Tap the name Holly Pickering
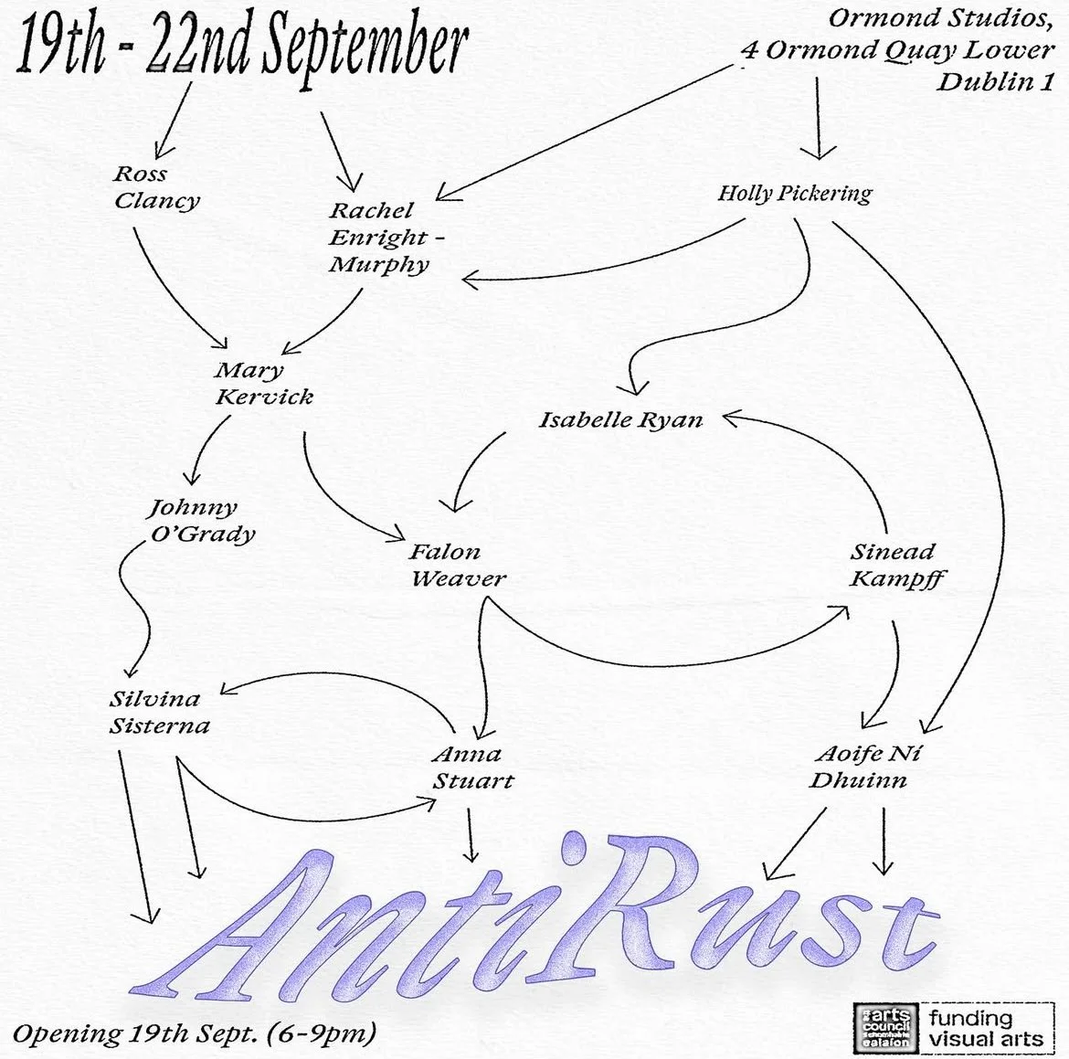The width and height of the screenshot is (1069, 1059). (794, 193)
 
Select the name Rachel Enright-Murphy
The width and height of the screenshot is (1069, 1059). (382, 238)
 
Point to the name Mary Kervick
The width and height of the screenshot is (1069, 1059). (263, 384)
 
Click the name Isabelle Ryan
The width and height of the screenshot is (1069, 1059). (620, 420)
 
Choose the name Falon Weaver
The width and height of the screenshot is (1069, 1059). (457, 566)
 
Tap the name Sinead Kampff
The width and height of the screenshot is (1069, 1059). (896, 566)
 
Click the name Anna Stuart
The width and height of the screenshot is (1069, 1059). (471, 768)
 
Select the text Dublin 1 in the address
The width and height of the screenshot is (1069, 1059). (996, 81)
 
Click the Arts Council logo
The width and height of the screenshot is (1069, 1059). (884, 1025)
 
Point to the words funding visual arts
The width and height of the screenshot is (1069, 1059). (985, 1028)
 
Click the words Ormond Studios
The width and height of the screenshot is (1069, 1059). (941, 18)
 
